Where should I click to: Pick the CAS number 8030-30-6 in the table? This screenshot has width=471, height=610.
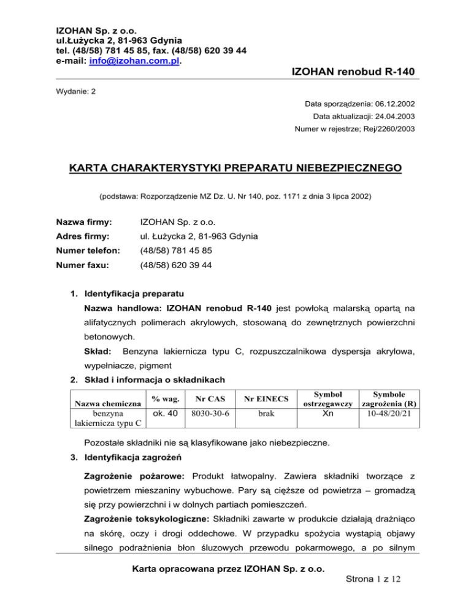[x=210, y=414]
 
